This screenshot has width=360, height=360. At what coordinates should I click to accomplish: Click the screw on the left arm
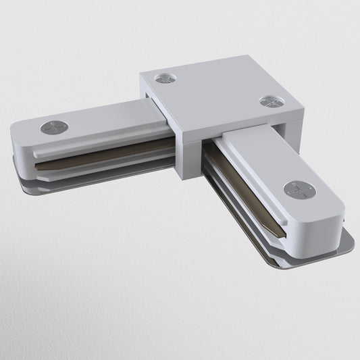pos(54,127)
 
